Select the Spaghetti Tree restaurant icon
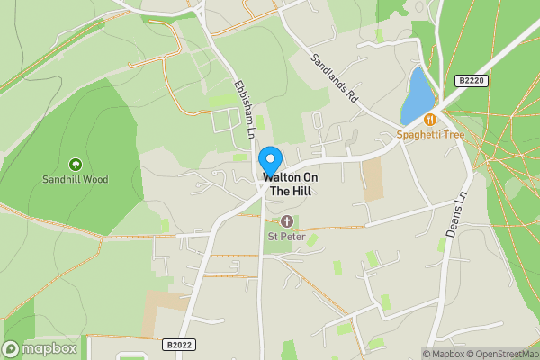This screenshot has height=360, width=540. point(430,120)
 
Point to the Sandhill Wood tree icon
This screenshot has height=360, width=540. point(75,165)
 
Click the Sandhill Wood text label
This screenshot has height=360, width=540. point(75,179)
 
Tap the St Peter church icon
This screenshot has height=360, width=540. point(286,221)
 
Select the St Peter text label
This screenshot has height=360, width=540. point(286,237)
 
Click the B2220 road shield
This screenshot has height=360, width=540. point(470,81)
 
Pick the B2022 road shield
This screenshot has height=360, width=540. point(180,343)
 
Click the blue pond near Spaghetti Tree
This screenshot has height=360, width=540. point(417,95)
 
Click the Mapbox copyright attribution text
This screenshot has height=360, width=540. point(447,354)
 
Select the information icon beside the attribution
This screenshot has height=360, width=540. point(427,354)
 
